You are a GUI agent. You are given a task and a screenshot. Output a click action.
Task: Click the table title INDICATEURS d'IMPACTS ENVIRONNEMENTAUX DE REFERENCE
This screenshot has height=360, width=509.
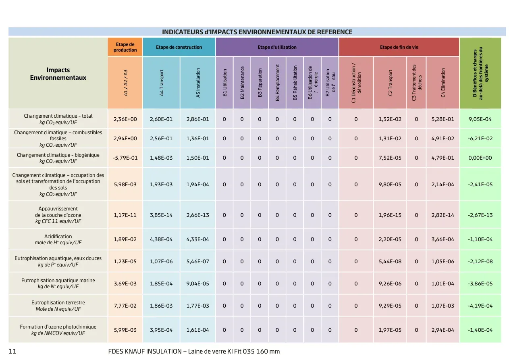click(257, 32)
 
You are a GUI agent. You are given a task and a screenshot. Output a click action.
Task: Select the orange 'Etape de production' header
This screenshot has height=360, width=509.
click(125, 47)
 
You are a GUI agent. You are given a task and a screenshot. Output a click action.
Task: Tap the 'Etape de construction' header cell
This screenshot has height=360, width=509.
click(179, 47)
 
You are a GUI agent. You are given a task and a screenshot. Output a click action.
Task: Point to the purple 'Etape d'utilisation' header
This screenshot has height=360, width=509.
click(277, 47)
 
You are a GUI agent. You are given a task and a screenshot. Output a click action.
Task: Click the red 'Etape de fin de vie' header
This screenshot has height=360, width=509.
click(399, 47)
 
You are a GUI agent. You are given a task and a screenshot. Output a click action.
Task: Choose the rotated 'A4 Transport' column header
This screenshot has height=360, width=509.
click(161, 83)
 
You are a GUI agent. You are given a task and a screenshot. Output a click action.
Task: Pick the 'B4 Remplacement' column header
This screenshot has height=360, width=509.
click(277, 83)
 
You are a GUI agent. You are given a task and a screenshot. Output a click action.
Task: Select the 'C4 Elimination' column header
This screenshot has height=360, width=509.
click(443, 83)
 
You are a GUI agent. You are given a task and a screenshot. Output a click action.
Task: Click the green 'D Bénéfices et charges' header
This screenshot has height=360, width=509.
click(480, 73)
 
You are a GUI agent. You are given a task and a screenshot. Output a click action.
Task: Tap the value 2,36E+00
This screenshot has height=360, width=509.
click(125, 119)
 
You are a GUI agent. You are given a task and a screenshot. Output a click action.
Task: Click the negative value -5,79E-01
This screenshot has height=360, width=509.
click(125, 158)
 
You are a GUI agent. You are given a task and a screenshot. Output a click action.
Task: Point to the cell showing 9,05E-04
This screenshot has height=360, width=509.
click(480, 119)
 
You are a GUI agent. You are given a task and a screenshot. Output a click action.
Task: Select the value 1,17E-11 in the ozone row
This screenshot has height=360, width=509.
click(125, 215)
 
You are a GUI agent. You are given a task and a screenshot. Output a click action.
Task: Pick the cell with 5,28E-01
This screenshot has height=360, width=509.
click(443, 119)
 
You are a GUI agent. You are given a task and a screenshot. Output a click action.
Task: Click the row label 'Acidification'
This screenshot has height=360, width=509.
click(58, 236)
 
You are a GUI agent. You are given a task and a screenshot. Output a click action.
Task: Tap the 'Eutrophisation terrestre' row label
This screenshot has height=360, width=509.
click(58, 302)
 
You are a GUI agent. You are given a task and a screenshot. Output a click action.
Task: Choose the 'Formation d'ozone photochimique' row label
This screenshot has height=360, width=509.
click(58, 327)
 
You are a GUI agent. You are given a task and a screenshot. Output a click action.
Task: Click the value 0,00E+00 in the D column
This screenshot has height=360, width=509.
click(480, 158)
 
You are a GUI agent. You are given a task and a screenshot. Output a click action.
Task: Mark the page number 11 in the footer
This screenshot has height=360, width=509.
click(12, 352)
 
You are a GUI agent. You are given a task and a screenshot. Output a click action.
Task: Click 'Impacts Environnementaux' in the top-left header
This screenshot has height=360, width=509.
click(58, 74)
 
